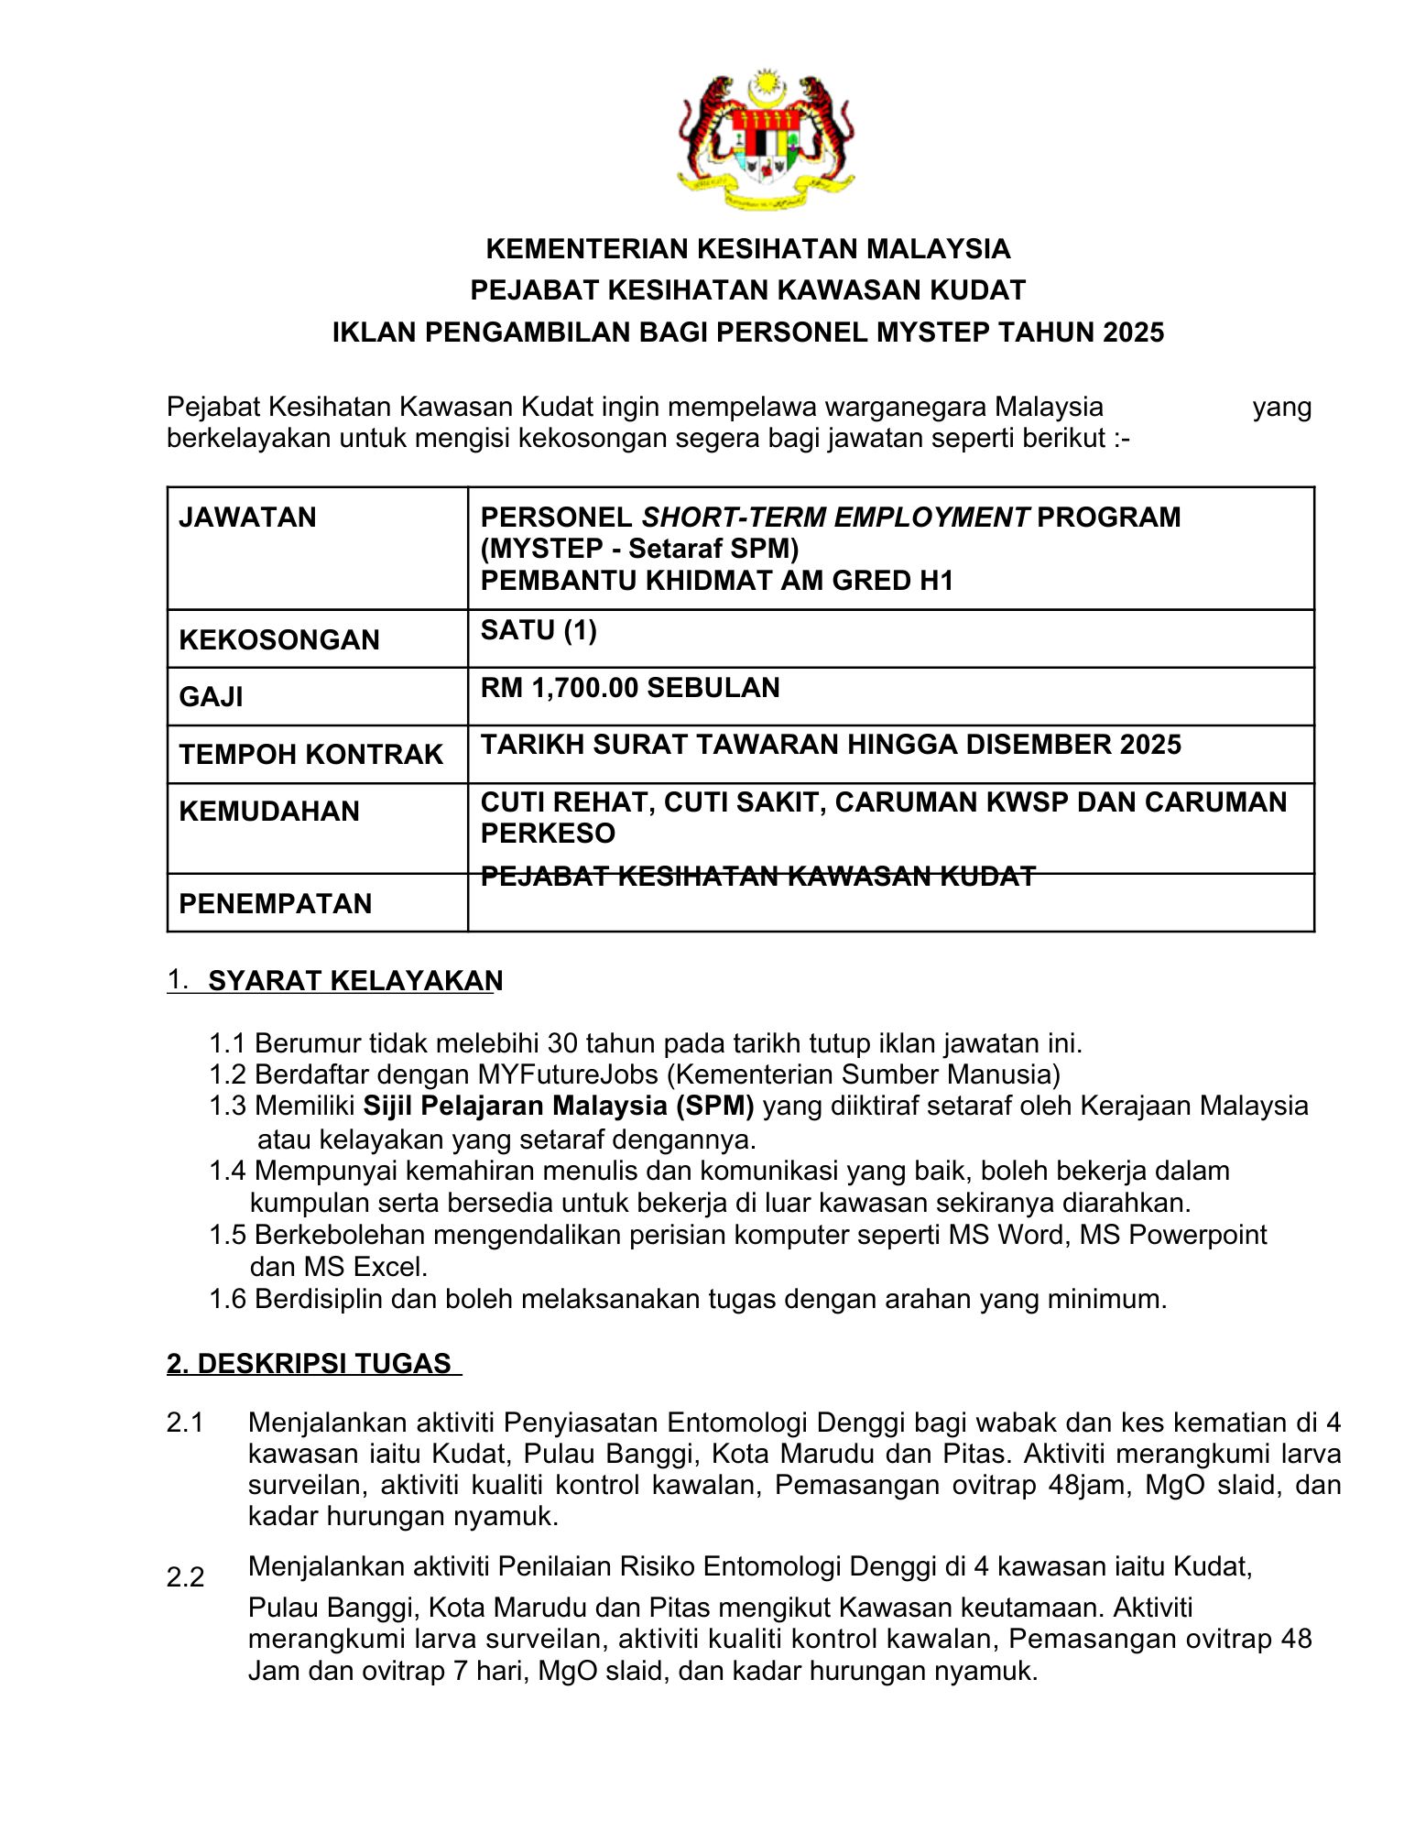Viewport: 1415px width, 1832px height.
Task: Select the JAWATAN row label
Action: click(x=247, y=518)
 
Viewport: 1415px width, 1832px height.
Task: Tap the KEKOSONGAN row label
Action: click(x=279, y=639)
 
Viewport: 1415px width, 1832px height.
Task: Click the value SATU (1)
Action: click(x=539, y=630)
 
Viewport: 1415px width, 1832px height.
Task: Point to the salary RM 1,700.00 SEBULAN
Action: click(x=630, y=688)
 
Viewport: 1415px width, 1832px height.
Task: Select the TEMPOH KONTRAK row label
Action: click(x=310, y=754)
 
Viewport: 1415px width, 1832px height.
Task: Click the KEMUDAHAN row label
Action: click(x=269, y=811)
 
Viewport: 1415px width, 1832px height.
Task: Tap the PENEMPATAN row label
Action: click(x=275, y=903)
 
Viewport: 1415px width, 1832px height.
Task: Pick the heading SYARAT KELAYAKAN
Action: click(x=354, y=981)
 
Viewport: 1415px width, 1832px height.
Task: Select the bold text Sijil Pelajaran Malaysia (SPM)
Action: click(x=559, y=1106)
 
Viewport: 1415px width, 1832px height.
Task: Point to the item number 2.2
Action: click(x=185, y=1577)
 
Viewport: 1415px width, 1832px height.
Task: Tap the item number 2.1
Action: click(x=185, y=1423)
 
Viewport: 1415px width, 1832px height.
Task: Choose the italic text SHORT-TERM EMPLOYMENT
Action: click(x=835, y=518)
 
